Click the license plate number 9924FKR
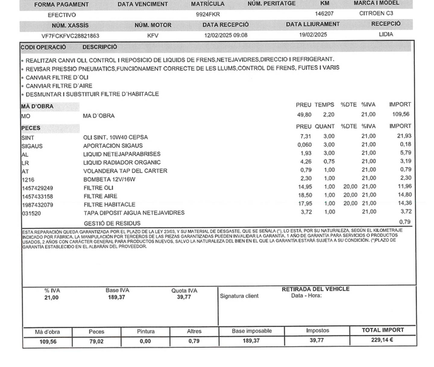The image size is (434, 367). (208, 14)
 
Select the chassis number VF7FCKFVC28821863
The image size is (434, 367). (70, 36)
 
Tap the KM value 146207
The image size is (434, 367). (324, 14)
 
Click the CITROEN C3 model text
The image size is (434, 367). (376, 13)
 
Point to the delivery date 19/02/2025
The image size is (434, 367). (313, 35)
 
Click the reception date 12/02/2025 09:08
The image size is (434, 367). (226, 35)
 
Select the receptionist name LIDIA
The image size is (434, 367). (386, 34)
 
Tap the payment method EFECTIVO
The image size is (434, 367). (62, 15)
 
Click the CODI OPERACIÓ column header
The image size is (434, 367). (43, 47)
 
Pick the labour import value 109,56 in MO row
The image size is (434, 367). (401, 114)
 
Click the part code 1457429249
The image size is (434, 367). (37, 188)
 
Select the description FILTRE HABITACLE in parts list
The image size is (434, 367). (109, 204)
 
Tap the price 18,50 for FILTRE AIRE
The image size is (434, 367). (305, 195)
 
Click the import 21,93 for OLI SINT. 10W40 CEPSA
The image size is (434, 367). (404, 136)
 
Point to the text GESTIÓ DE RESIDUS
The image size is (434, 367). (112, 223)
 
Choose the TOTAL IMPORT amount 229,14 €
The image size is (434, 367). (382, 340)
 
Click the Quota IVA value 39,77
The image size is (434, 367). (184, 297)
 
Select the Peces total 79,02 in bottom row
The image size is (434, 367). (96, 341)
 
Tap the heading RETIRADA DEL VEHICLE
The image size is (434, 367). (315, 289)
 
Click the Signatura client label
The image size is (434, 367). (239, 296)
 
